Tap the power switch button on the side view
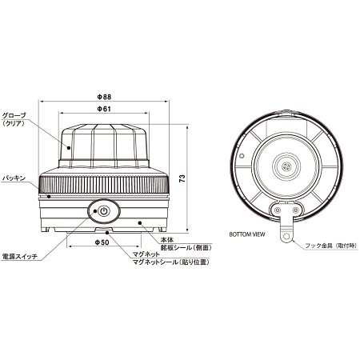coord(102,212)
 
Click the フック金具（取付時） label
coord(323,246)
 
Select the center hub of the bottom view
coord(284,166)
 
